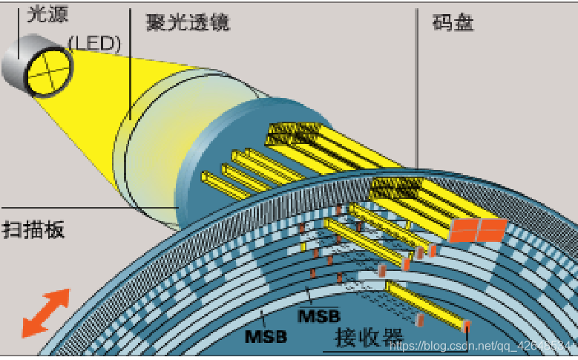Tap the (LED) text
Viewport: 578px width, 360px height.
[93, 42]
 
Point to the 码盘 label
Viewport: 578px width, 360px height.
[453, 22]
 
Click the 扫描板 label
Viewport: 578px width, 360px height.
[33, 229]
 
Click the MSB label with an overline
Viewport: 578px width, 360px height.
[318, 315]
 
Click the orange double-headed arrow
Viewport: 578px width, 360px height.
[45, 312]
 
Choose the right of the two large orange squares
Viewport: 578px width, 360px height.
[491, 229]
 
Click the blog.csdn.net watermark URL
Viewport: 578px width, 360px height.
[482, 346]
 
